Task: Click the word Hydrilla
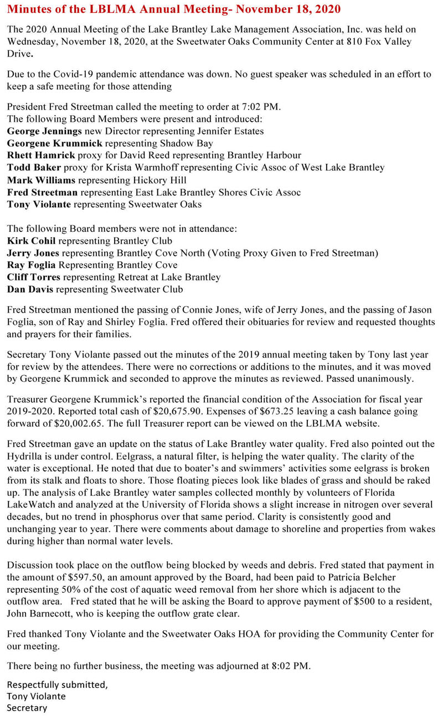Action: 25,456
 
